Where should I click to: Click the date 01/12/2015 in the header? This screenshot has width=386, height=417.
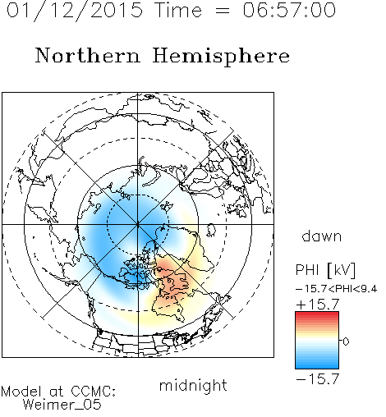pyautogui.click(x=75, y=11)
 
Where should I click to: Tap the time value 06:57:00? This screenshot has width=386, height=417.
pyautogui.click(x=289, y=10)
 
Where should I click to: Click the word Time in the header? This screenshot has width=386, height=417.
pyautogui.click(x=178, y=10)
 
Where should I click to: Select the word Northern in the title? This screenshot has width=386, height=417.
pyautogui.click(x=88, y=56)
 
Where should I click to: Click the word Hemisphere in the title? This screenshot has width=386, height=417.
pyautogui.click(x=221, y=57)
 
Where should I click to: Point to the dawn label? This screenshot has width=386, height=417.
pyautogui.click(x=322, y=236)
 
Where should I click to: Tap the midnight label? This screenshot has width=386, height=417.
pyautogui.click(x=193, y=385)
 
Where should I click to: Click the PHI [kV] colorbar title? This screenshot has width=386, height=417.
pyautogui.click(x=325, y=270)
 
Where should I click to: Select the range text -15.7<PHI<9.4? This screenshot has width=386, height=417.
pyautogui.click(x=337, y=289)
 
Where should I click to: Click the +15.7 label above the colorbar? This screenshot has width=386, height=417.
pyautogui.click(x=318, y=305)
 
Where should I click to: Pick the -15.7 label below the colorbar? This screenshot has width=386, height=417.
pyautogui.click(x=318, y=379)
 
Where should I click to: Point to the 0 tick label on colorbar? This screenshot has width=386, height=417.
pyautogui.click(x=346, y=341)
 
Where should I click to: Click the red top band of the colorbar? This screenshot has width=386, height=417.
pyautogui.click(x=317, y=316)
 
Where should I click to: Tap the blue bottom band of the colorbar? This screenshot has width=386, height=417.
pyautogui.click(x=317, y=364)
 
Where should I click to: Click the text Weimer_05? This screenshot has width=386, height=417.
pyautogui.click(x=62, y=405)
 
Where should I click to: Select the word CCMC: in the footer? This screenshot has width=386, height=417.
pyautogui.click(x=94, y=392)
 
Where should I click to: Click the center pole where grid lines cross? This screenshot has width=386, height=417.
pyautogui.click(x=138, y=224)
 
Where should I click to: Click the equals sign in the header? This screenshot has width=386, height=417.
pyautogui.click(x=223, y=11)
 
